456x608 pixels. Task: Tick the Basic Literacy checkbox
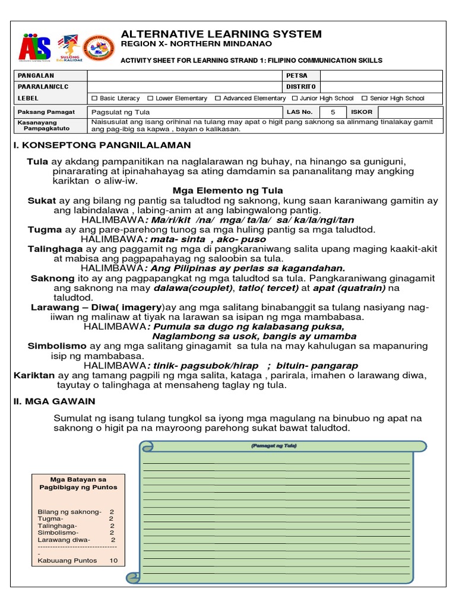94,99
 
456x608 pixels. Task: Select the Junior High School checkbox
295,99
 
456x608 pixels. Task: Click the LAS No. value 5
332,112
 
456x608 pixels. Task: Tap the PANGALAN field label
36,75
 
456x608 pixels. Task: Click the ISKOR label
362,112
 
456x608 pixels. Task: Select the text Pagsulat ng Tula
121,112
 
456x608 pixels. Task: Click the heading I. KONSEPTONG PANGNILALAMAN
102,145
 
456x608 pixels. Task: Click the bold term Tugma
45,229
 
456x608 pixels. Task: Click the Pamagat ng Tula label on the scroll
274,445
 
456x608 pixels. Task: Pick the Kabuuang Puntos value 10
113,560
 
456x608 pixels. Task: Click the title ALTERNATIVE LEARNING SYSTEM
221,34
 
